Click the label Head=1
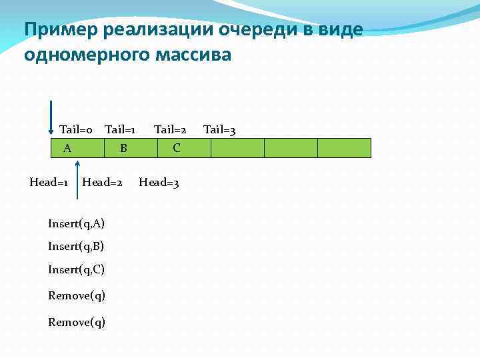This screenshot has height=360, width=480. click(x=49, y=182)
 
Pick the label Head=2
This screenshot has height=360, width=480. click(x=102, y=182)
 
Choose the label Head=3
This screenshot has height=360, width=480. click(x=159, y=182)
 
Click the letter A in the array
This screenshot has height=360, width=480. click(x=67, y=148)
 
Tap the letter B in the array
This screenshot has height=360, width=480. click(x=123, y=148)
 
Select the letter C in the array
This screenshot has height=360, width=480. click(x=176, y=148)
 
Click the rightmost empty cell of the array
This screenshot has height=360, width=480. click(x=344, y=147)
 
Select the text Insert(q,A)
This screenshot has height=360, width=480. click(x=76, y=223)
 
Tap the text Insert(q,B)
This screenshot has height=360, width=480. click(x=76, y=247)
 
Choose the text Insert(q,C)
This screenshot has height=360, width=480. click(x=76, y=270)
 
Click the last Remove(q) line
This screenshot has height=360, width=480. click(x=76, y=323)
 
